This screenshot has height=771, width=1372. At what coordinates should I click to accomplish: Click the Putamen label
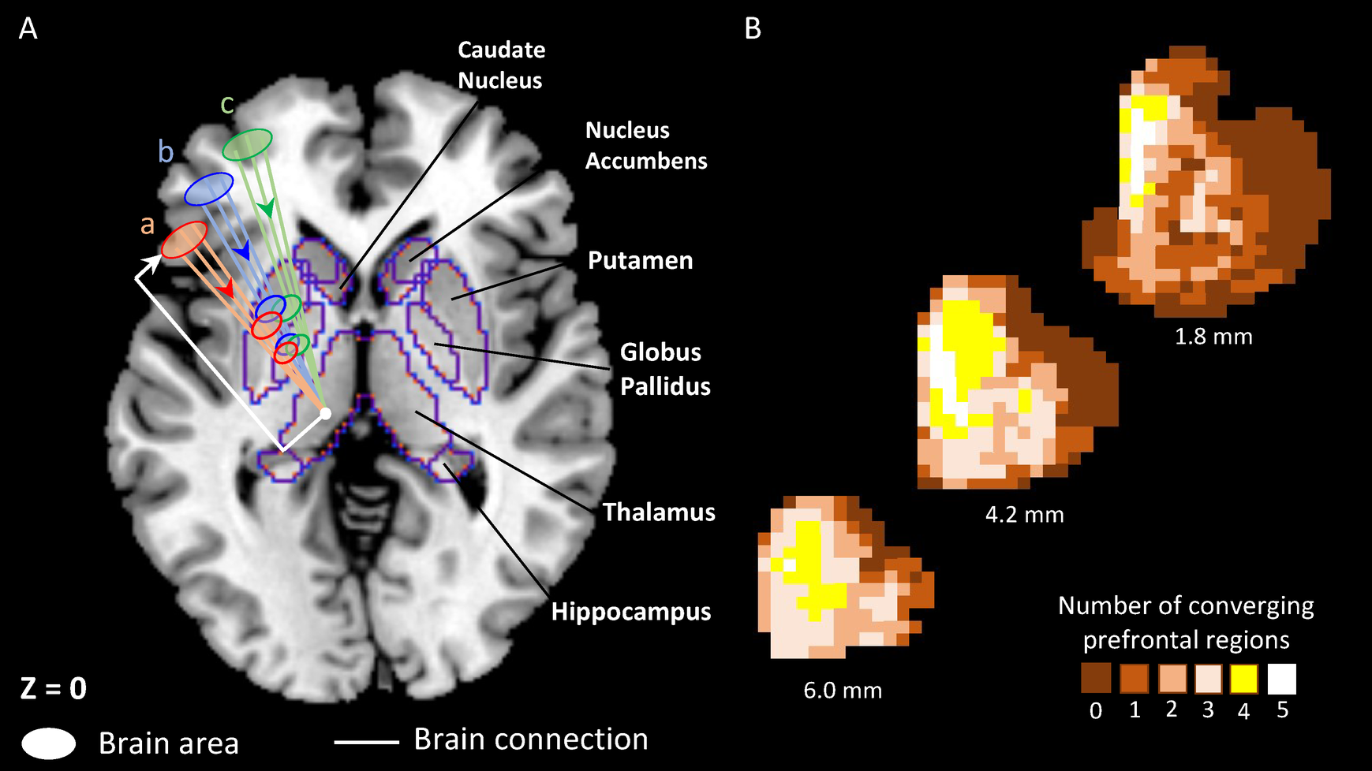640,261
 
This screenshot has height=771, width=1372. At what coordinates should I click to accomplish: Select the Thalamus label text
659,512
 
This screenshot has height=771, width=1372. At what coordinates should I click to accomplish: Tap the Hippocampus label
630,612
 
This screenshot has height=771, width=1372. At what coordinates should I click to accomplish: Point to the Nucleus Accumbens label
645,146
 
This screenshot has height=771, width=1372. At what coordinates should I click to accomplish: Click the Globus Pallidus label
664,369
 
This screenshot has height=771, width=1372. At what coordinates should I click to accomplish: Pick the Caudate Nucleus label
501,65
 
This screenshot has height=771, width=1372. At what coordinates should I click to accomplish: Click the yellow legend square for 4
1244,679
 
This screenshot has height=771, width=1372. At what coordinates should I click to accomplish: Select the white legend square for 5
1281,679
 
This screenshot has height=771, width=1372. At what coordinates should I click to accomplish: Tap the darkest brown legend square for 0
1096,678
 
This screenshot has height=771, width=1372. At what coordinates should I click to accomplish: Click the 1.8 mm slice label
1213,337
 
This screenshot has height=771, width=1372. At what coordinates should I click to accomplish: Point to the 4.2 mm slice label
1024,515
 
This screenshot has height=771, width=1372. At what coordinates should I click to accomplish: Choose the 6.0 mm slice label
843,691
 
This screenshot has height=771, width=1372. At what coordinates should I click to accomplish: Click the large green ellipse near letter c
247,145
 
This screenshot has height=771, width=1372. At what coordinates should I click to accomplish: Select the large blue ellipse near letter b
209,189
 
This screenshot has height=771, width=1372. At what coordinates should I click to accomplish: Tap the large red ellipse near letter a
184,240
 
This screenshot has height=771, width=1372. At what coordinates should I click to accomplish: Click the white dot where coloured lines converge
325,413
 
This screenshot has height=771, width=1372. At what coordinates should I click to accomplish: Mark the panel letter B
753,29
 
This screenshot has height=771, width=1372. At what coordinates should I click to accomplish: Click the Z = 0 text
53,688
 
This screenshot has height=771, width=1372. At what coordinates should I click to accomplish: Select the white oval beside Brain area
49,743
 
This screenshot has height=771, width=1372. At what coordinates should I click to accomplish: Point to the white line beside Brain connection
366,742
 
